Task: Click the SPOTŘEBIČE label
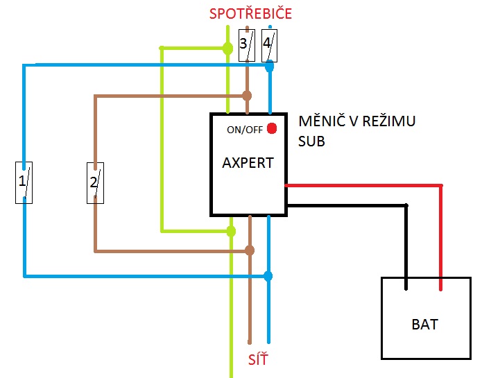pyautogui.click(x=250, y=14)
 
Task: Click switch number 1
pyautogui.click(x=24, y=182)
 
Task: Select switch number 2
pyautogui.click(x=95, y=183)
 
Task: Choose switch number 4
pyautogui.click(x=269, y=46)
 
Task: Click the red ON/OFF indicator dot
pyautogui.click(x=272, y=128)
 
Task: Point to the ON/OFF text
pyautogui.click(x=244, y=130)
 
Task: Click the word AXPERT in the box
pyautogui.click(x=248, y=163)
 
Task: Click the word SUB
pyautogui.click(x=312, y=140)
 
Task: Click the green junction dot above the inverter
pyautogui.click(x=227, y=48)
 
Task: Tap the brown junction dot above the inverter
pyautogui.click(x=246, y=95)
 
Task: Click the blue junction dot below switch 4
pyautogui.click(x=269, y=67)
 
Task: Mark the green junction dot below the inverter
pyautogui.click(x=232, y=230)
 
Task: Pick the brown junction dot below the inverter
pyautogui.click(x=250, y=250)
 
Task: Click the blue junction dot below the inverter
pyautogui.click(x=268, y=276)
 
